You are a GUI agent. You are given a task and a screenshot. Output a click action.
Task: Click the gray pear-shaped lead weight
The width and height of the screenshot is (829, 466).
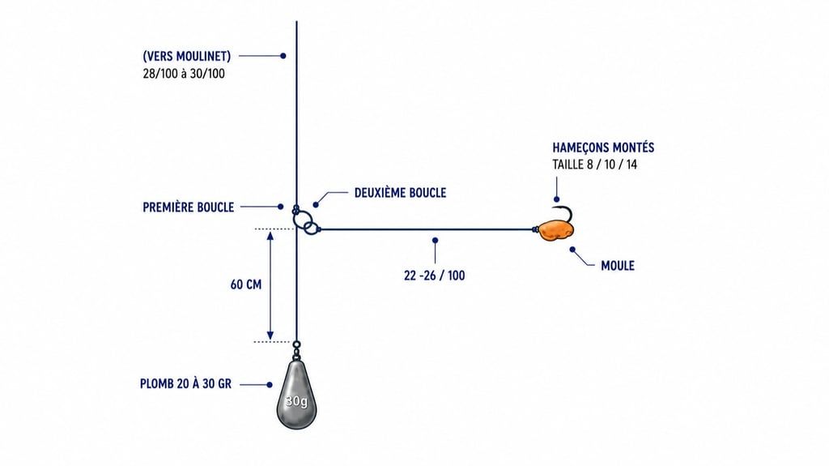pyautogui.click(x=296, y=395)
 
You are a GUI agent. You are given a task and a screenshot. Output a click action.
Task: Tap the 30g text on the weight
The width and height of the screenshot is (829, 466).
pyautogui.click(x=296, y=401)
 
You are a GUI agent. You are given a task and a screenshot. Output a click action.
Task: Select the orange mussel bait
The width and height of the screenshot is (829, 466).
pyautogui.click(x=555, y=230)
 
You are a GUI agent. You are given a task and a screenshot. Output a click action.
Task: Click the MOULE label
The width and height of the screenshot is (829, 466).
pyautogui.click(x=618, y=265)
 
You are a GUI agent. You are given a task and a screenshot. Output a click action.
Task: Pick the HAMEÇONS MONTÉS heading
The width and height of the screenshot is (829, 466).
pyautogui.click(x=603, y=147)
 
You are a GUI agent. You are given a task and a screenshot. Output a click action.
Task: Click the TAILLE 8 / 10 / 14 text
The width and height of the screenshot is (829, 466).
pyautogui.click(x=595, y=165)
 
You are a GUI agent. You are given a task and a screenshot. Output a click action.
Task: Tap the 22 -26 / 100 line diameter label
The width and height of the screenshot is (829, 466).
pyautogui.click(x=435, y=276)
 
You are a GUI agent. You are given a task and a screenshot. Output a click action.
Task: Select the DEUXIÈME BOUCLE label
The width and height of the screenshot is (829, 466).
pyautogui.click(x=400, y=193)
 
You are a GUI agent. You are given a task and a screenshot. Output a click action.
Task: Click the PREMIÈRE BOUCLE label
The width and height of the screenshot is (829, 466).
pyautogui.click(x=188, y=207)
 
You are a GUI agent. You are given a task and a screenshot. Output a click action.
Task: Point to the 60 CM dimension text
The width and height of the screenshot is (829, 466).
pyautogui.click(x=246, y=285)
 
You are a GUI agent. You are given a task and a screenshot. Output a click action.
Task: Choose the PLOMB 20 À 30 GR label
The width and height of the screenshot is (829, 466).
pyautogui.click(x=185, y=384)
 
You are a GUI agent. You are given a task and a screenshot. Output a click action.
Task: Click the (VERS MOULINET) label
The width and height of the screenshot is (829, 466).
pyautogui.click(x=187, y=56)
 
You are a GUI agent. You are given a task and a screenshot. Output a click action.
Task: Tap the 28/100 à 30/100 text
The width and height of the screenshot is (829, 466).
pyautogui.click(x=184, y=74)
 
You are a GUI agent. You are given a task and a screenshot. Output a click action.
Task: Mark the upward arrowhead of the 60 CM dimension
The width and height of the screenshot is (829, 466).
pyautogui.click(x=270, y=236)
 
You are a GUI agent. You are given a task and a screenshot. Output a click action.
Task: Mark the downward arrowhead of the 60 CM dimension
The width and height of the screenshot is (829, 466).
pyautogui.click(x=270, y=335)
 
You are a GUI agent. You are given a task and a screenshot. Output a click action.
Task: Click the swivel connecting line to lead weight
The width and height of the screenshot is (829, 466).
pyautogui.click(x=296, y=349)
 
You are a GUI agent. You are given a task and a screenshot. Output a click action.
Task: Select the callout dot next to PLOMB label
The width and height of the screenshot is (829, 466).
pyautogui.click(x=270, y=385)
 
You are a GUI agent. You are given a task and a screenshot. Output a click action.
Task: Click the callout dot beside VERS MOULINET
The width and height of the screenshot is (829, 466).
pyautogui.click(x=283, y=56)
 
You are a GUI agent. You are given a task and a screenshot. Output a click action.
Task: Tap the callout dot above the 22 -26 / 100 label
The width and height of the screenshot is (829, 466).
pyautogui.click(x=435, y=241)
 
